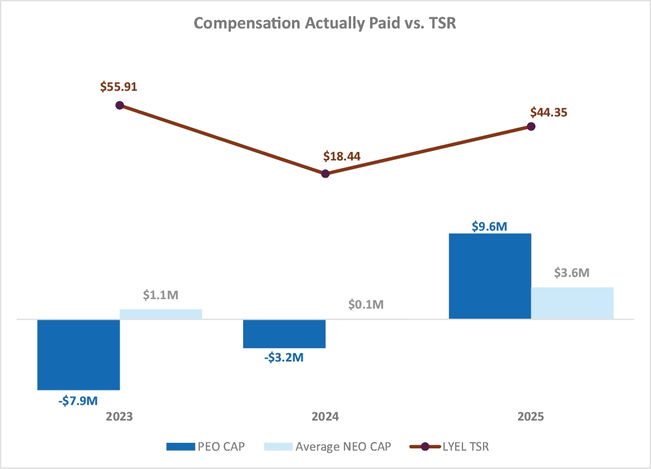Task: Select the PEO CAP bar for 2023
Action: [x=78, y=354]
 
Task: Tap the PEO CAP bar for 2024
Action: [x=284, y=334]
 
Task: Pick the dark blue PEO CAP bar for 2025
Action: [x=490, y=276]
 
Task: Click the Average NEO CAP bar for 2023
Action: [x=161, y=314]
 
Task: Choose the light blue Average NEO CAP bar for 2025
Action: [x=572, y=303]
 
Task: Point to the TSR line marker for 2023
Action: [x=120, y=105]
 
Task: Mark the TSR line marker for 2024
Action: [x=325, y=174]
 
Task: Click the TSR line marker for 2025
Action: [x=531, y=126]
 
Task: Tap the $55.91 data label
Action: [x=119, y=87]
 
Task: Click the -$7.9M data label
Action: [x=78, y=399]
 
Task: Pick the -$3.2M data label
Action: [x=284, y=358]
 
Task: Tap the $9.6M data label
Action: [x=490, y=226]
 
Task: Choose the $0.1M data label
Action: [x=366, y=305]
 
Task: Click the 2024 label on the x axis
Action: [x=325, y=417]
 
